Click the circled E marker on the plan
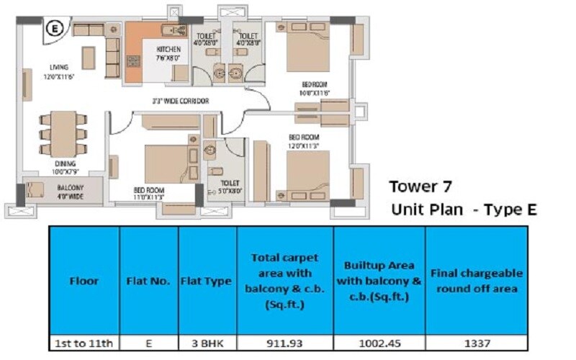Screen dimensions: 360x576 pos(53,29)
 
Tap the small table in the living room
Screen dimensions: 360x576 pos(88,58)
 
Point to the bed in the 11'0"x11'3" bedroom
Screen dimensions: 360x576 pos(166,164)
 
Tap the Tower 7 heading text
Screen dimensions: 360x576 pos(420,187)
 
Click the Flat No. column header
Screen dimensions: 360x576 pos(148,281)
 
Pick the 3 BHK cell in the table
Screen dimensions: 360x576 pos(207,344)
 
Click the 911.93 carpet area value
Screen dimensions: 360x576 pos(285,344)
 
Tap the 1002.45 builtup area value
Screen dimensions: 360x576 pos(379,344)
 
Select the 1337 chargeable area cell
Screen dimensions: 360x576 pos(476,344)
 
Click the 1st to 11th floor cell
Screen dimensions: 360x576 pos(83,344)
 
